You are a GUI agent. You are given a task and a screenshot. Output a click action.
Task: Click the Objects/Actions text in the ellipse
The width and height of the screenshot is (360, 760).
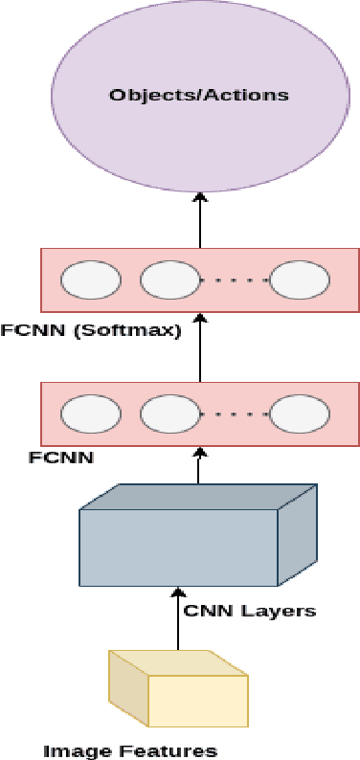point(198,95)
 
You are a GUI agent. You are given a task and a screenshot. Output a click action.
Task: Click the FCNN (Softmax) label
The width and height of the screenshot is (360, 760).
point(91,332)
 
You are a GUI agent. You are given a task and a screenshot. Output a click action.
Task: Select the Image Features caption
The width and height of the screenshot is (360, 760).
point(130,749)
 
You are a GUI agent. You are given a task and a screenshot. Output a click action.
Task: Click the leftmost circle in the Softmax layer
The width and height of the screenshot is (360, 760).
point(91,281)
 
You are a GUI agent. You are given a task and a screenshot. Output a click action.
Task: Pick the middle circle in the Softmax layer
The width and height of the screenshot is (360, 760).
point(170,281)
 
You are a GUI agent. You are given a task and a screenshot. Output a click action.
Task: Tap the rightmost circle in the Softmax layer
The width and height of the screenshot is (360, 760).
point(299,281)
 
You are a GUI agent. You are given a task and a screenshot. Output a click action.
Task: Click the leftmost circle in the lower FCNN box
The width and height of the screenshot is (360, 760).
point(91,414)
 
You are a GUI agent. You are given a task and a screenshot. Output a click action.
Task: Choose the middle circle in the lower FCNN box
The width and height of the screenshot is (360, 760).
point(170,414)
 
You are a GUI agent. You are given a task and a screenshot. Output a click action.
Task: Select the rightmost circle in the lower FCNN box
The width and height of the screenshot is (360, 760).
point(299,414)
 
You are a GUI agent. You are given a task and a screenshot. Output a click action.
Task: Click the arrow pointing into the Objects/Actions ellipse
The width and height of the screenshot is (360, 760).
point(200,219)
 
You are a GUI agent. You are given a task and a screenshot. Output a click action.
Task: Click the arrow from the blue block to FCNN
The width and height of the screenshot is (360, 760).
point(200,468)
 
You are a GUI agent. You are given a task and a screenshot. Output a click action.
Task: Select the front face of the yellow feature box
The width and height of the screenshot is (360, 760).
point(197,700)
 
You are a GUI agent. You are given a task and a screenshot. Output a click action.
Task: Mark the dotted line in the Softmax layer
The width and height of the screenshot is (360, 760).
point(235,281)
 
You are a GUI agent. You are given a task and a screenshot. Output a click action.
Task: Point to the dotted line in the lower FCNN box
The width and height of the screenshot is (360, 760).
point(235,414)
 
